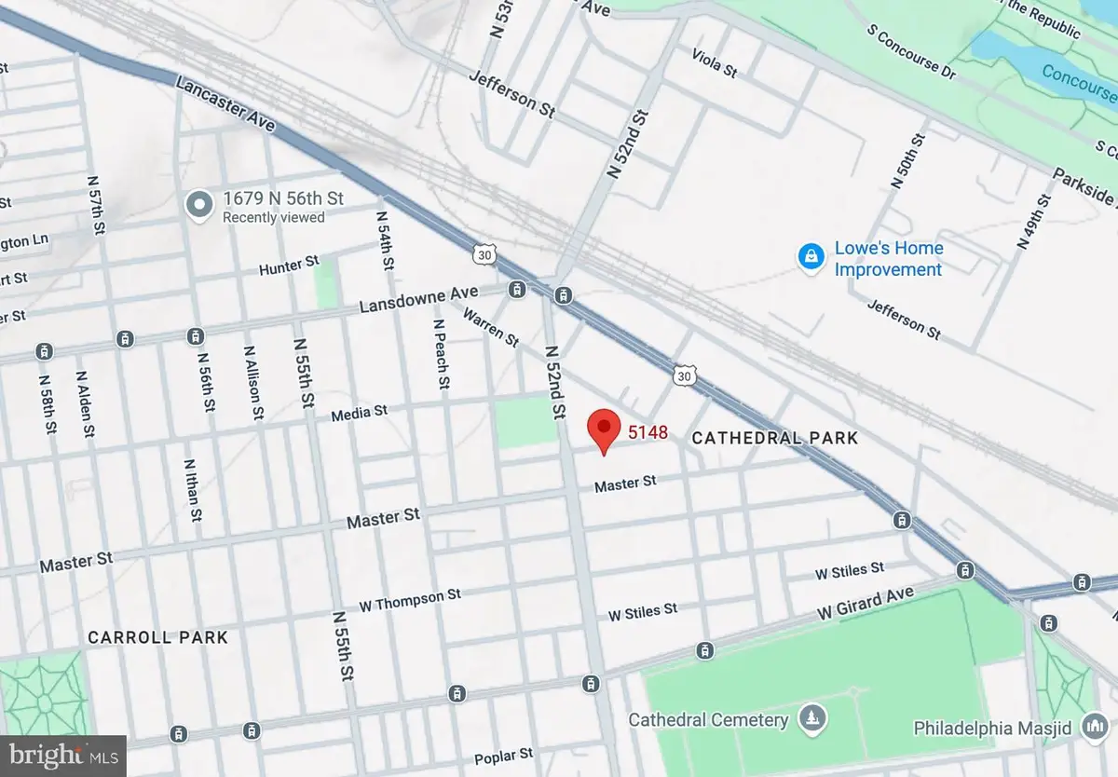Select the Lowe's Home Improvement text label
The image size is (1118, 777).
pos(888,259)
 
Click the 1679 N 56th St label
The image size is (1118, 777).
pos(283,198)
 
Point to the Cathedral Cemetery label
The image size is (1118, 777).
pos(708,719)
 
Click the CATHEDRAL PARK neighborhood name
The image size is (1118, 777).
pos(774,438)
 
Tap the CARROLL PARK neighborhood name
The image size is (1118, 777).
pos(157,637)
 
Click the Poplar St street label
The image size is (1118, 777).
pos(503,754)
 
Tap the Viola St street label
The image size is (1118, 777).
pos(715,64)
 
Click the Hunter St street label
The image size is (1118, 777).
pos(281,267)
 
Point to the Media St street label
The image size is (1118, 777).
pos(359,412)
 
